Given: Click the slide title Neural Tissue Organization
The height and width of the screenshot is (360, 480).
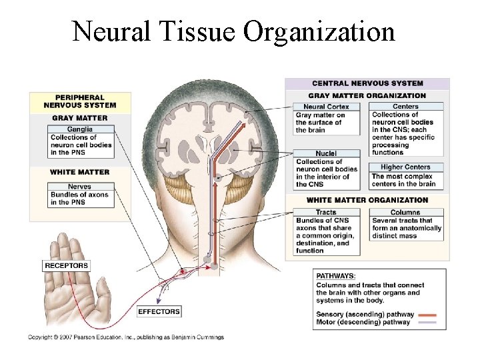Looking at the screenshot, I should [233, 31].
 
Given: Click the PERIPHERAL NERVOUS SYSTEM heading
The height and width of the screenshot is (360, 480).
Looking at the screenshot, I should [79, 101].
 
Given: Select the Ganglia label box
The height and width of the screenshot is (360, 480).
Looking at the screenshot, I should [80, 129].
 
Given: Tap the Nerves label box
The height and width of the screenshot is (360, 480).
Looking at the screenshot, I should [80, 187].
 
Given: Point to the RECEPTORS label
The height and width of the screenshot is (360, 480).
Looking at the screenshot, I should [66, 265].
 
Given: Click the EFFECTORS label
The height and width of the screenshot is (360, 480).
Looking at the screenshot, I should [159, 311].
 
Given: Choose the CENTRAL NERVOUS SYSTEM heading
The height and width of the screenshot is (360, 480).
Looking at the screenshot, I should [367, 83].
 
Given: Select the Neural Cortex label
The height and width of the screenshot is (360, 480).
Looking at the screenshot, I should [326, 107].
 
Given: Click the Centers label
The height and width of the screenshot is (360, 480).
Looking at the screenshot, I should [405, 107].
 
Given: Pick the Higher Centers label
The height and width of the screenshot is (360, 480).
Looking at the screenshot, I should [405, 167].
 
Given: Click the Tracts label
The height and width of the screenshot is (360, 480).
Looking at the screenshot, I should [326, 213].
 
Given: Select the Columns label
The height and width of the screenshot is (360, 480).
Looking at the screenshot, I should [405, 213].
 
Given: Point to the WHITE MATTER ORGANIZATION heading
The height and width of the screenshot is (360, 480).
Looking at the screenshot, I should [367, 200].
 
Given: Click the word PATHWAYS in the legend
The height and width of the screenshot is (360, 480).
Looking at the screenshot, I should [336, 275].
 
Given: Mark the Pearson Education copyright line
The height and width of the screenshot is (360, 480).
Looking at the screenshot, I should [126, 337].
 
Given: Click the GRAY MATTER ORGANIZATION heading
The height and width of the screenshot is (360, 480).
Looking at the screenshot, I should [367, 95].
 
